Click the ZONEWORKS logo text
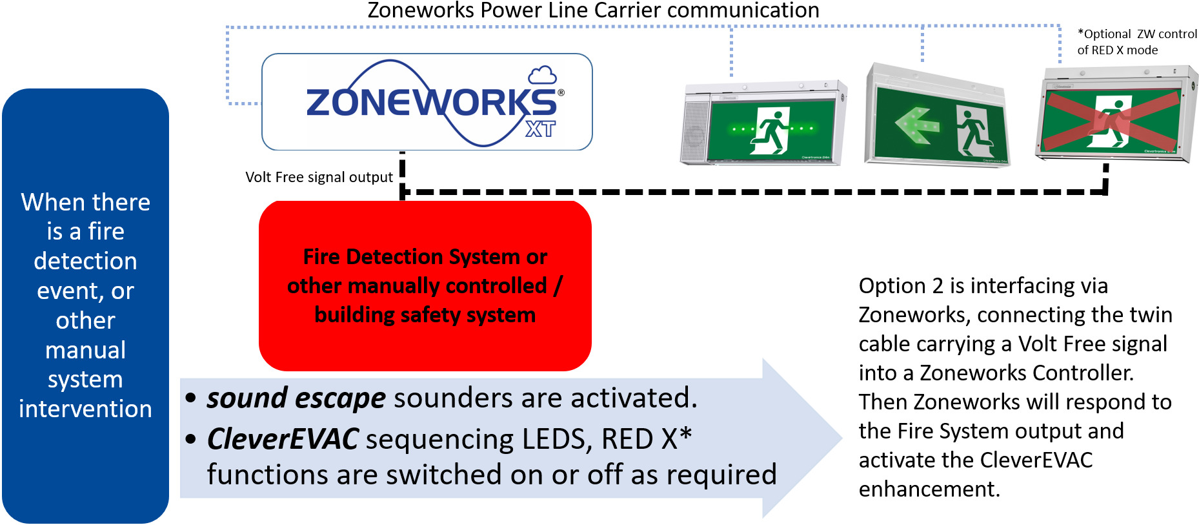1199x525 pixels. (429, 103)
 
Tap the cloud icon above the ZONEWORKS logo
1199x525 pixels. (542, 76)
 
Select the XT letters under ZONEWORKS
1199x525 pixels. (540, 129)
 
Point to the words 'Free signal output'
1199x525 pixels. (334, 177)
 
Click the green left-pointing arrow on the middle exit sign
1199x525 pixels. (916, 125)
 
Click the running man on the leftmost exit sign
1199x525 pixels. (771, 131)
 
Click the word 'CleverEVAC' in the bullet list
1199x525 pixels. (283, 439)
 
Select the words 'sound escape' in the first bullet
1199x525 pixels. (296, 398)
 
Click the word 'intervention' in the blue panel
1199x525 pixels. (85, 409)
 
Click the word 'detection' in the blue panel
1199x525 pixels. (85, 261)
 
